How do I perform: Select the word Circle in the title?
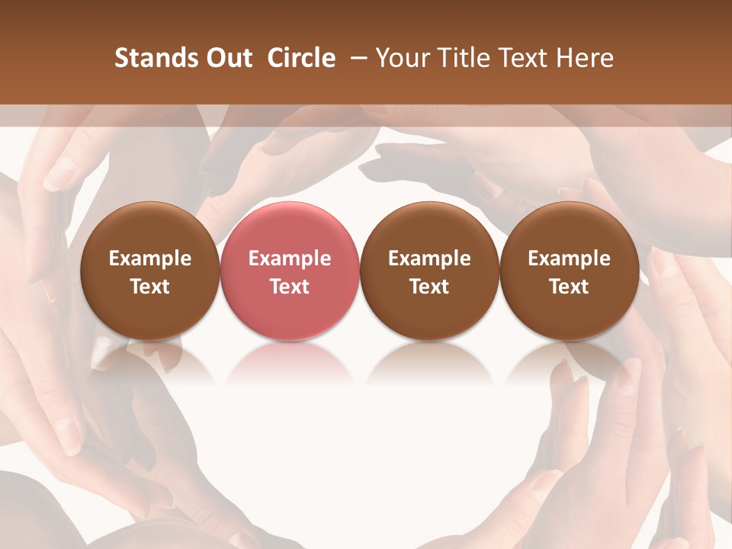point(301,58)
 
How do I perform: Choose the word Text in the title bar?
point(519,58)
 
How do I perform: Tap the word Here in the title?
point(583,58)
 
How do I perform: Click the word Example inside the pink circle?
point(290,258)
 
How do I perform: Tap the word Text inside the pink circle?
point(290,287)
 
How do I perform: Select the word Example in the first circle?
point(149,258)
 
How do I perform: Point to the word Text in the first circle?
point(149,287)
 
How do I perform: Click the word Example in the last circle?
point(569,258)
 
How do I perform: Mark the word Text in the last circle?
point(569,287)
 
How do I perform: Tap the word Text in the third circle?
point(429,287)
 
